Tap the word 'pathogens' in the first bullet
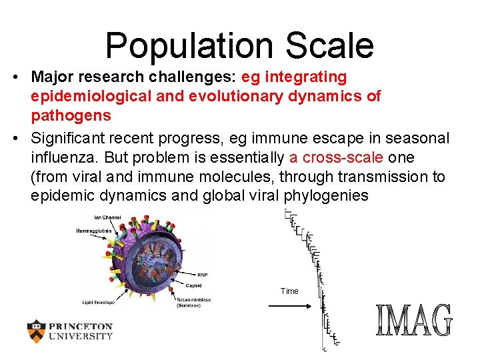71,115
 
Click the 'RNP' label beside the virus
203,274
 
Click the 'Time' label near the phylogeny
289,291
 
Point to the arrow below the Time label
289,306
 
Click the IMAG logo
414,321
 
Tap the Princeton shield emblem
36,331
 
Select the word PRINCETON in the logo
80,327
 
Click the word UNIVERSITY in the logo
80,337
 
